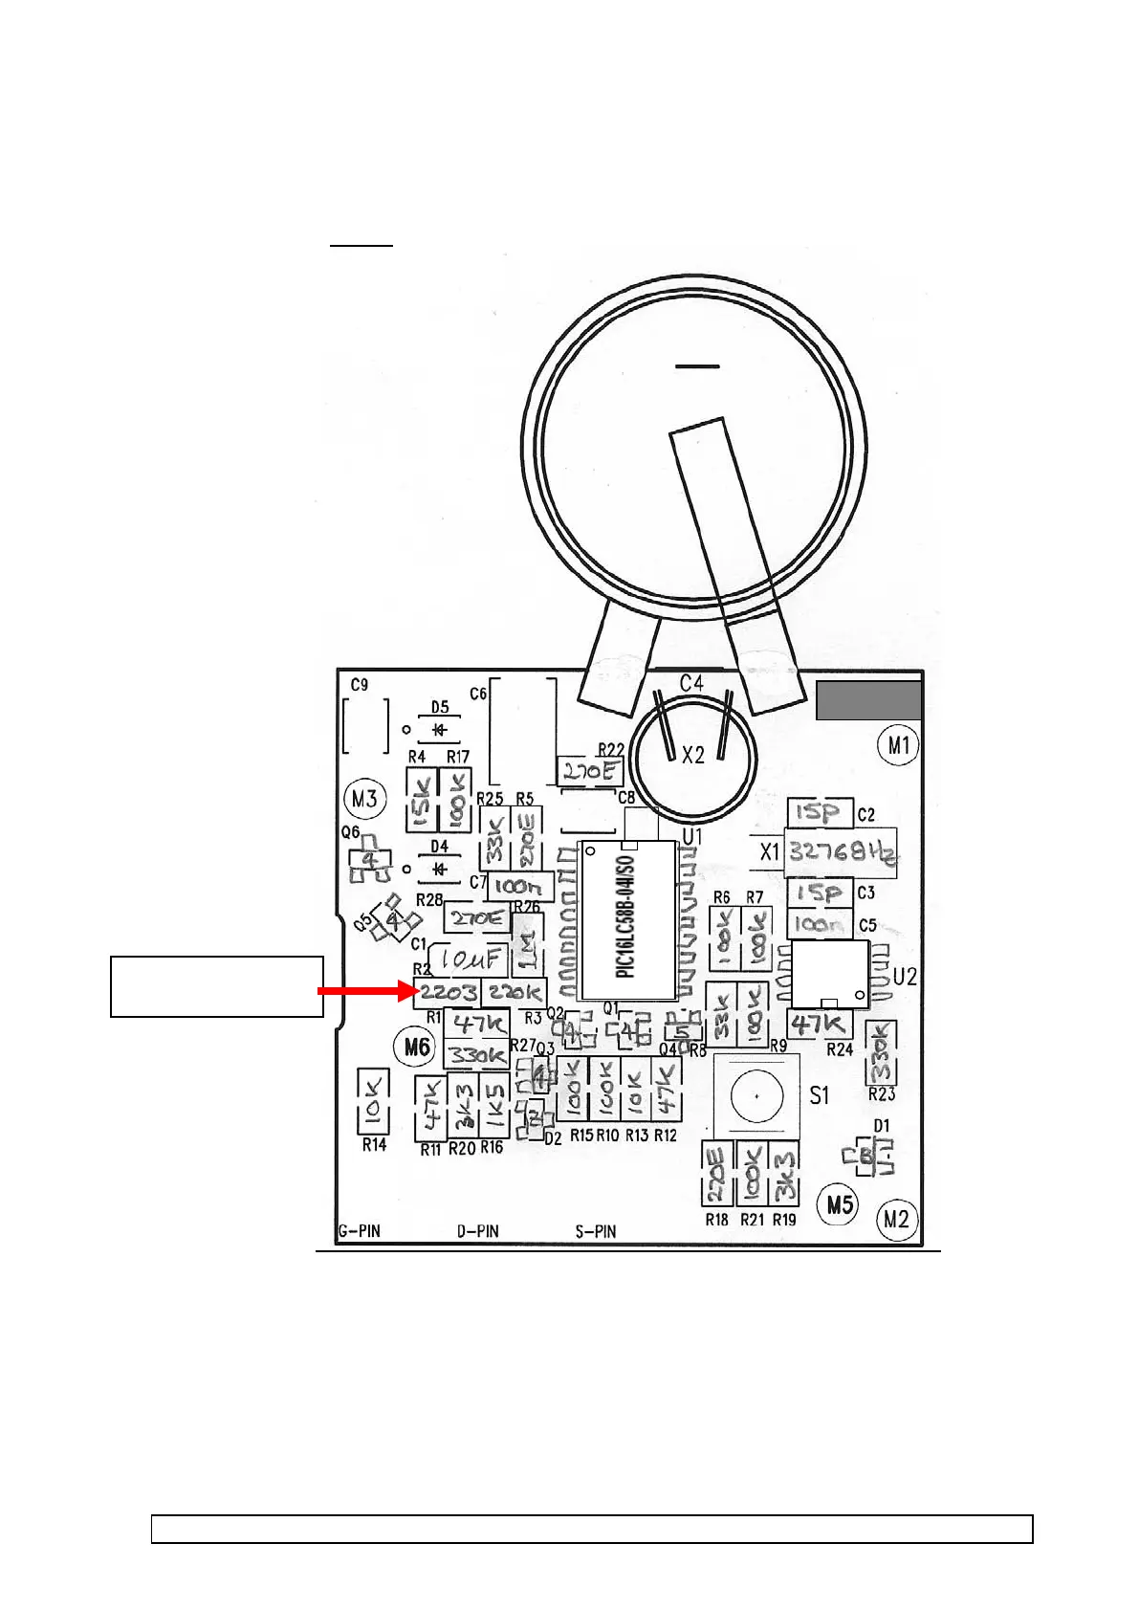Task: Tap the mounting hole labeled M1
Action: click(899, 744)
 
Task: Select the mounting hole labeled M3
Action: click(363, 798)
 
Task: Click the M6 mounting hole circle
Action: click(417, 1047)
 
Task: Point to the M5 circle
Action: click(840, 1202)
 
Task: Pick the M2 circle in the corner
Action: click(896, 1220)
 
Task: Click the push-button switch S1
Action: click(756, 1096)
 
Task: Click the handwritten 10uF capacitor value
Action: click(469, 958)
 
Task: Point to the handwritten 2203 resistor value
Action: click(448, 992)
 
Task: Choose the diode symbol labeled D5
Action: click(439, 730)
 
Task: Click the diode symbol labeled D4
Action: click(439, 870)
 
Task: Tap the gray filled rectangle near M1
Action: click(868, 700)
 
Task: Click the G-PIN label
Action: click(360, 1231)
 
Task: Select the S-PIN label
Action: click(596, 1231)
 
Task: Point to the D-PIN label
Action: click(477, 1231)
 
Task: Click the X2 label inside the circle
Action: click(692, 756)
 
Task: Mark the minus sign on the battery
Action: click(697, 365)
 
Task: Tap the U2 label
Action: click(905, 977)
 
